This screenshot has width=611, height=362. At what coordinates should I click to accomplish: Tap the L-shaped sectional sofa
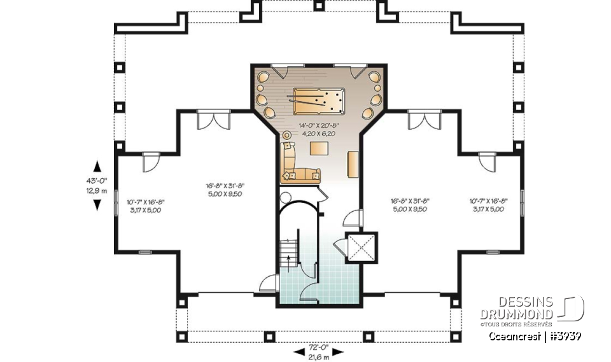click(x=293, y=165)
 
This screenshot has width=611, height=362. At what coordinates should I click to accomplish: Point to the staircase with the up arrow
click(x=290, y=254)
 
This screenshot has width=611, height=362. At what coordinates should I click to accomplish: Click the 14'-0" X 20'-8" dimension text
click(x=318, y=127)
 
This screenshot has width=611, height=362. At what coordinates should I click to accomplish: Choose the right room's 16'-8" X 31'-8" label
click(x=409, y=201)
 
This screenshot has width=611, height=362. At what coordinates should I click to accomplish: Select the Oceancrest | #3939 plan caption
click(x=535, y=336)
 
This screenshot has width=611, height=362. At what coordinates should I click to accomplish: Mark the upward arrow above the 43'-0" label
click(x=97, y=167)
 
